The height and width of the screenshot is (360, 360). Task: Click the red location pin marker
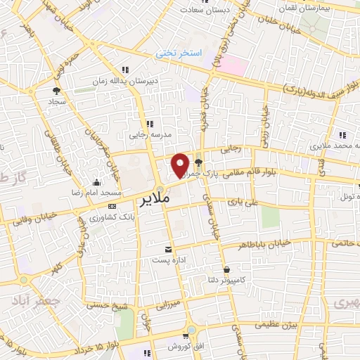(x=181, y=165)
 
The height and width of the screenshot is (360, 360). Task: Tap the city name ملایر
(x=151, y=200)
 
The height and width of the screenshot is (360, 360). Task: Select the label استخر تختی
(x=179, y=53)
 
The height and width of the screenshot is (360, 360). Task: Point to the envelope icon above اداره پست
(x=168, y=250)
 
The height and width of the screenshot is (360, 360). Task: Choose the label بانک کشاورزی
(x=112, y=218)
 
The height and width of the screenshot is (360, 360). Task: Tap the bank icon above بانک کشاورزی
(x=112, y=206)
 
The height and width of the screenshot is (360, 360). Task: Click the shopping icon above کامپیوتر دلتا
(x=226, y=269)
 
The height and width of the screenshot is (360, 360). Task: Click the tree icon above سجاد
(x=56, y=90)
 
